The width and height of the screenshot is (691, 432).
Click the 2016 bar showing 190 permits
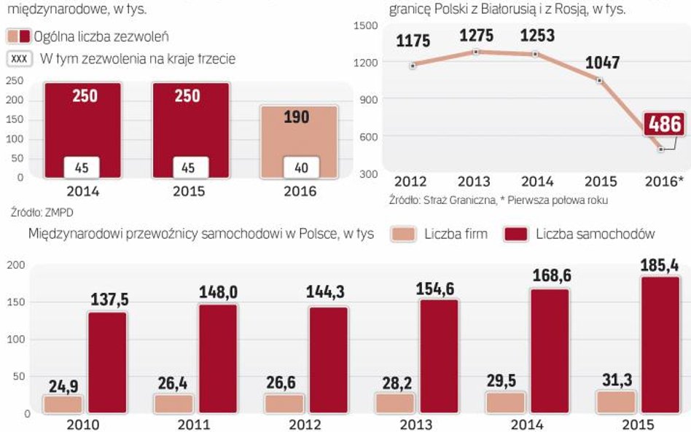(300, 142)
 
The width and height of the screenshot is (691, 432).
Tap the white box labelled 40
(300, 168)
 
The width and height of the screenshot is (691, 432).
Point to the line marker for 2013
(476, 52)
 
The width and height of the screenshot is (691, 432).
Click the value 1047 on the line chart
(602, 63)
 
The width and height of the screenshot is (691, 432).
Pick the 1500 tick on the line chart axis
(365, 25)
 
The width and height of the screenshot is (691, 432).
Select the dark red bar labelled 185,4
(660, 345)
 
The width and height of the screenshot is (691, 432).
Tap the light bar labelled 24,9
(63, 404)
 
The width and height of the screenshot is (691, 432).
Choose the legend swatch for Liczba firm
(403, 234)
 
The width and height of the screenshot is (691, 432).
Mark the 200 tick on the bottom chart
(15, 265)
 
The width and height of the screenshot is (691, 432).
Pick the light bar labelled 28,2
(394, 404)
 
